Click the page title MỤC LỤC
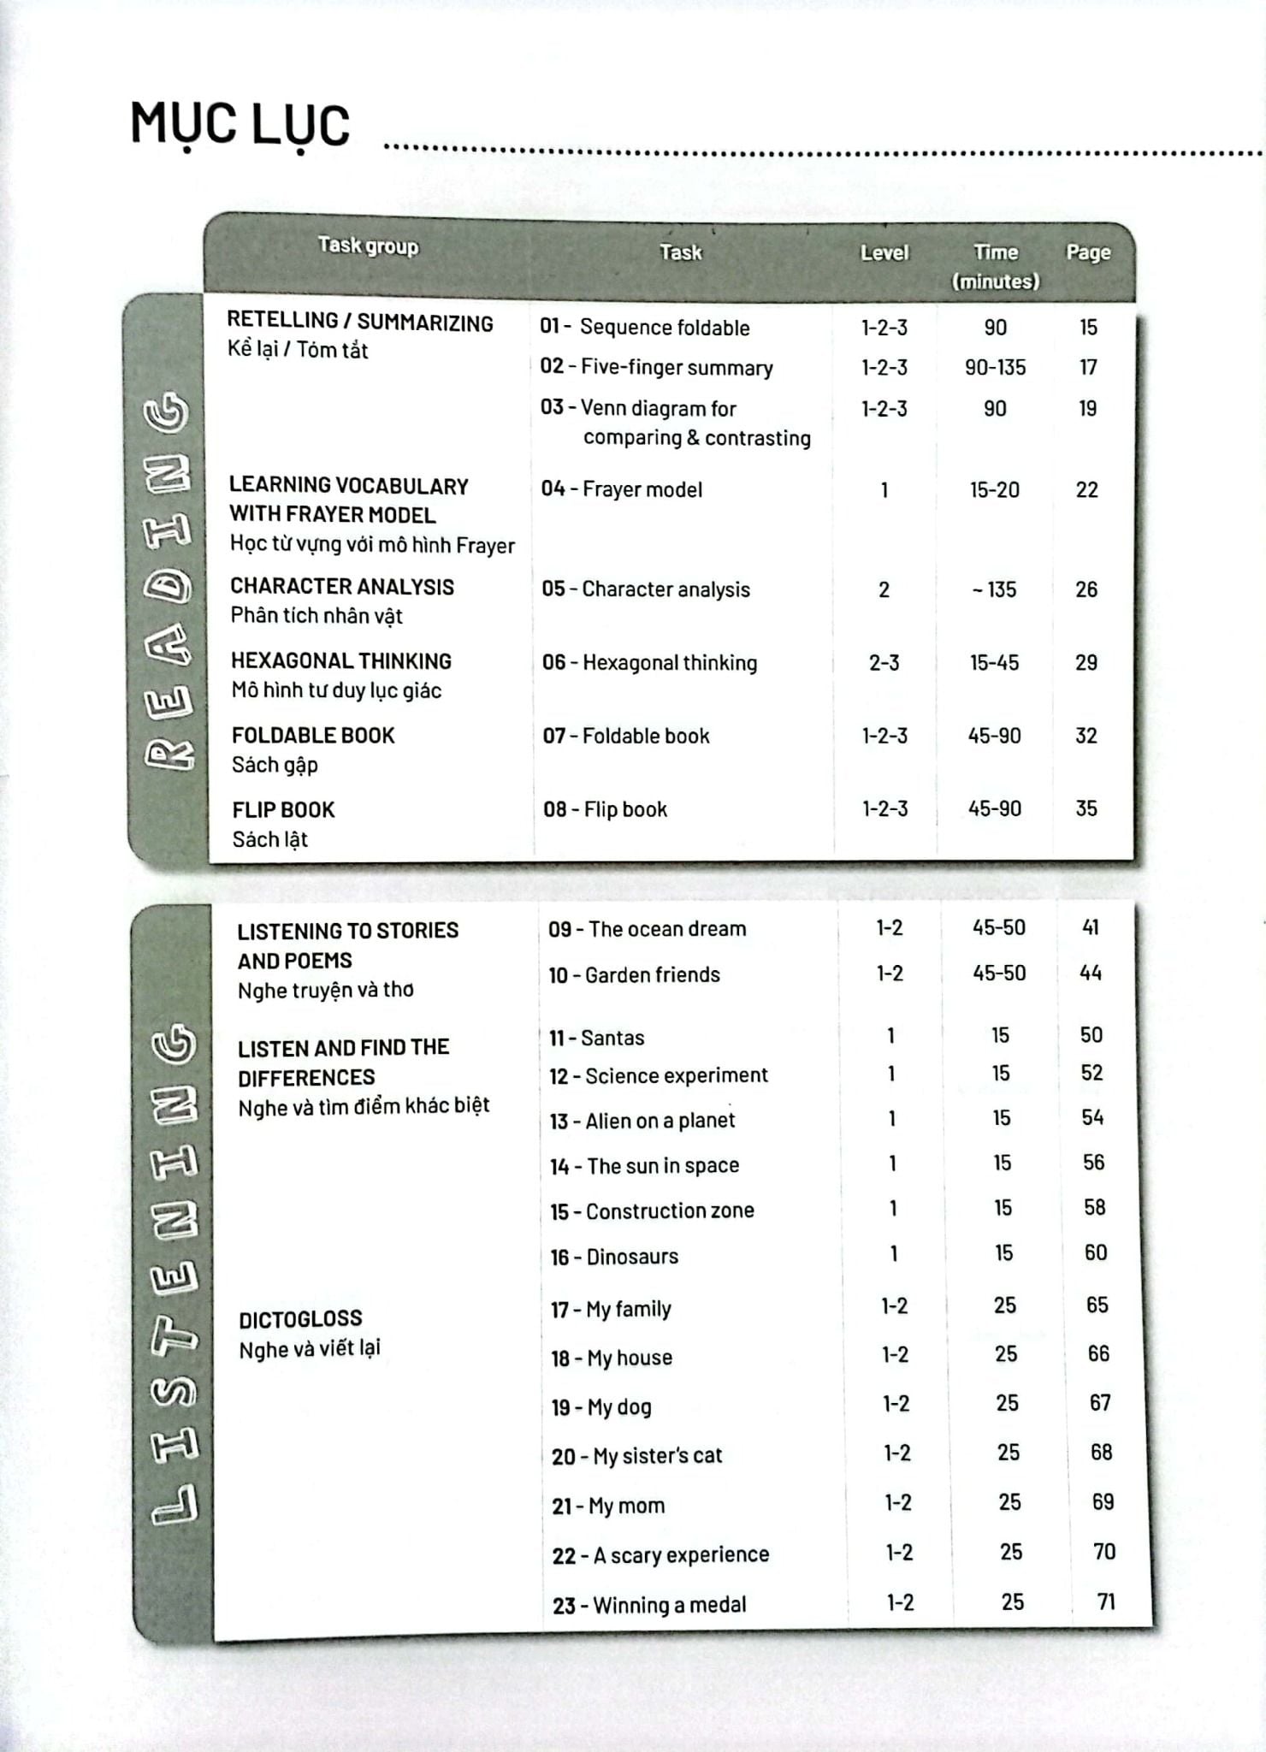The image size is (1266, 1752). pos(240,125)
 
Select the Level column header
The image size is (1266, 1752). pos(884,252)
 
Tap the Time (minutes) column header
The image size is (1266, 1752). pos(995,266)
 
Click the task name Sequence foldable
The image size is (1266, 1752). pos(664,328)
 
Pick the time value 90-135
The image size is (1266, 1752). pos(995,368)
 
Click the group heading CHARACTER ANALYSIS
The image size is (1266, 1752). pos(342,587)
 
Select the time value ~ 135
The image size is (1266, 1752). pos(994,589)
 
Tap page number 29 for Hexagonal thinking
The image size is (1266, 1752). pos(1086,663)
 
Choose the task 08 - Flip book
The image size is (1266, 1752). pos(605,809)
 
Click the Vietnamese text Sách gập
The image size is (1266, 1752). pos(275,765)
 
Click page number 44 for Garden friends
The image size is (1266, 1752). pos(1091,973)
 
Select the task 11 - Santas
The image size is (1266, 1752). pos(597,1038)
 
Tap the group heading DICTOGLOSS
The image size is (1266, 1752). pos(300,1319)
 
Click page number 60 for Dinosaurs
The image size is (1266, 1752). pos(1096,1253)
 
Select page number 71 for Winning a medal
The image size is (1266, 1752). pos(1106,1601)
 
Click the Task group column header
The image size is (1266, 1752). pos(368,246)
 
